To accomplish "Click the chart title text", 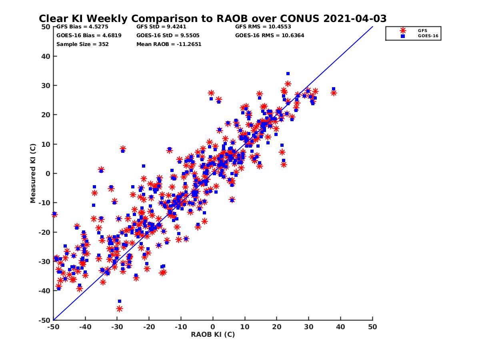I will pos(212,18).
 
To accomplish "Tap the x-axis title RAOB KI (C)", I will pos(212,334).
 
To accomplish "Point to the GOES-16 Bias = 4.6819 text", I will pos(89,35).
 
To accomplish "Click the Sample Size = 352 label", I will pos(82,44).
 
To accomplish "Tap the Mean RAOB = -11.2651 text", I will pos(169,44).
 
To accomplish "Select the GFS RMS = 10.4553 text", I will pos(263,27).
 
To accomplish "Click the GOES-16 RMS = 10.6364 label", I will pos(270,35).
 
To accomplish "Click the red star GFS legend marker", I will pos(403,30).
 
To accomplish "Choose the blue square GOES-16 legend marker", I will pos(403,36).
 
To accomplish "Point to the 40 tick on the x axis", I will pos(340,327).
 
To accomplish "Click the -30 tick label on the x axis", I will pos(117,327).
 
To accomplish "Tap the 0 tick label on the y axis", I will pos(48,174).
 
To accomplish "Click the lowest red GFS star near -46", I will pos(119,308).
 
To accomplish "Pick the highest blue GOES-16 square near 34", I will pos(288,74).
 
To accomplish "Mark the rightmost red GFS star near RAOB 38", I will pos(334,93).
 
